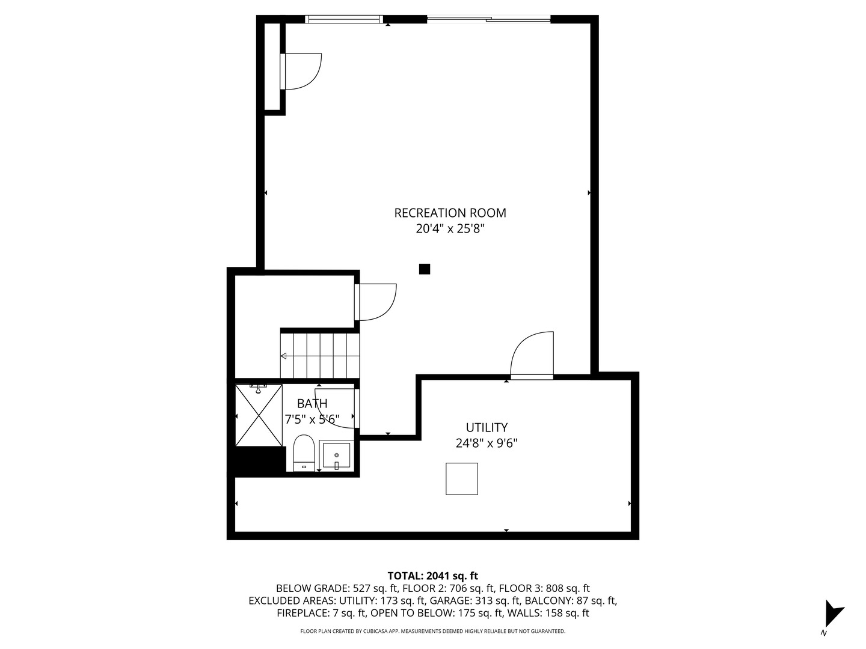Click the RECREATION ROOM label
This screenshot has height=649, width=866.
pyautogui.click(x=450, y=213)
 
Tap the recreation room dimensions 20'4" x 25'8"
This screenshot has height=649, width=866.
pyautogui.click(x=450, y=229)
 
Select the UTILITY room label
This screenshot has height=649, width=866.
pyautogui.click(x=487, y=427)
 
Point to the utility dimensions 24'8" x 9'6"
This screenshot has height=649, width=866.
pyautogui.click(x=487, y=443)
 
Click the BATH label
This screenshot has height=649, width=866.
pyautogui.click(x=312, y=403)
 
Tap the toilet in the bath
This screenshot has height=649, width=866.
pyautogui.click(x=304, y=452)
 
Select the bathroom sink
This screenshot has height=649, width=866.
pyautogui.click(x=337, y=456)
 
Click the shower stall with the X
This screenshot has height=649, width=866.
pyautogui.click(x=259, y=415)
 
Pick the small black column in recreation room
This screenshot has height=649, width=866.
pyautogui.click(x=425, y=269)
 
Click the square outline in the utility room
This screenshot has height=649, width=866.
pyautogui.click(x=462, y=479)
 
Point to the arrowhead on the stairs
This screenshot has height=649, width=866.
pyautogui.click(x=283, y=356)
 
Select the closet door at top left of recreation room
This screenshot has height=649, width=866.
pyautogui.click(x=302, y=72)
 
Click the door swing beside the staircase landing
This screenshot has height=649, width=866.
pyautogui.click(x=376, y=302)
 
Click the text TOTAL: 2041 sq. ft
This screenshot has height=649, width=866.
pyautogui.click(x=432, y=576)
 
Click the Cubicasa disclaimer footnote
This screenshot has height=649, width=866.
pyautogui.click(x=432, y=632)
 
